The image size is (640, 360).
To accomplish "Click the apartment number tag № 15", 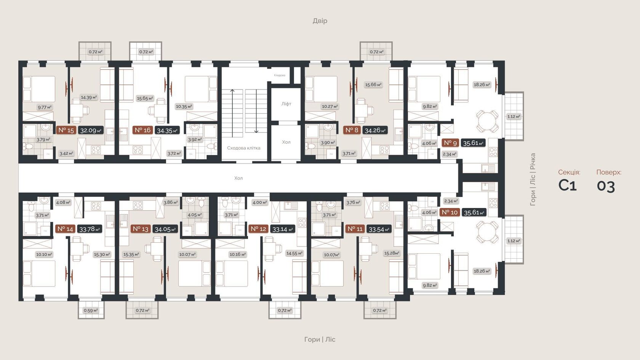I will pos(66,130).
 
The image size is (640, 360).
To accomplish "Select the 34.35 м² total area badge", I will pos(167,131).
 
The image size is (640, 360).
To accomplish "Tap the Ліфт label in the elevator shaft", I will pos(286,104).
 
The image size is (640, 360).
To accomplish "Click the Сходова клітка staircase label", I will pos(243,148).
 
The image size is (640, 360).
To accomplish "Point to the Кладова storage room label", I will pos(280,75).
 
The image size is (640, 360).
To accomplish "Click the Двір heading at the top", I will pos(320,21).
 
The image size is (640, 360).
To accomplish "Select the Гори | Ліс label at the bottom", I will pos(320,339).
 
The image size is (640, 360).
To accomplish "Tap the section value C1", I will pos(567,186).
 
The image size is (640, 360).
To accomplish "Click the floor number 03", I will pos(606,186).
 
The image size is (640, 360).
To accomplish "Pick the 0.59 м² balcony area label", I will pos(91,310).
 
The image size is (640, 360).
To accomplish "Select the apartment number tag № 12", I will pos(258,229).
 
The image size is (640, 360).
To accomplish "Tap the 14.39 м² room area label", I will pos(89,98).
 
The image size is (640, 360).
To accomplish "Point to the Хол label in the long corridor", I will pos(238,178).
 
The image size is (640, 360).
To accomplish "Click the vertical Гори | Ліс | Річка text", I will pos(533,179).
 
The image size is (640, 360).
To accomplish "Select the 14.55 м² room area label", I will pos(294,253).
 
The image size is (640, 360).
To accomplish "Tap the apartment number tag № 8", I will pos(352,130).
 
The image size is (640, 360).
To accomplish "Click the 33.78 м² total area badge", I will pos(90,229).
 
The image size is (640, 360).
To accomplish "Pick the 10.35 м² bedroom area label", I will pos(184,107).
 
